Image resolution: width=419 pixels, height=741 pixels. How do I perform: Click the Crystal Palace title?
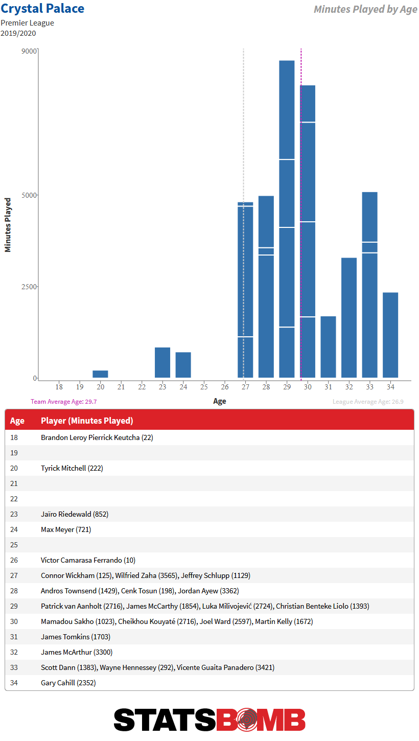(42, 9)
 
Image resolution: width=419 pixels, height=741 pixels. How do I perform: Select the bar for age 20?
(100, 374)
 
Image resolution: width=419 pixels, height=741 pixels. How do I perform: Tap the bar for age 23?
(162, 362)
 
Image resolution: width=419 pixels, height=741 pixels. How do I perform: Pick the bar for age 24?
(183, 364)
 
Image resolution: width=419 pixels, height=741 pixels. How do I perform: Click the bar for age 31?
(328, 346)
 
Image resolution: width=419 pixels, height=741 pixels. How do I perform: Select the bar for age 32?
(349, 317)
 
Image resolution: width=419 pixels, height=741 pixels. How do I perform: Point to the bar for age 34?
(390, 335)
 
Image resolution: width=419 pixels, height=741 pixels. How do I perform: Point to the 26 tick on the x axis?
(224, 387)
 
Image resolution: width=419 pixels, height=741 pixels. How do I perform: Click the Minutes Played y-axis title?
(8, 225)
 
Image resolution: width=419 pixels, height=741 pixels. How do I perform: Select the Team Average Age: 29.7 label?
(64, 402)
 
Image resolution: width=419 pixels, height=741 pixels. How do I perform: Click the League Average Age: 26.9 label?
(368, 402)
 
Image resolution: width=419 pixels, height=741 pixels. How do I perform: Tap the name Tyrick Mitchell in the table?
(63, 468)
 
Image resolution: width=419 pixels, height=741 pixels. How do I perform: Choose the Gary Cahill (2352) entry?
(68, 683)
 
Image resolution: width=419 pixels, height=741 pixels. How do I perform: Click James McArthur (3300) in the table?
(77, 652)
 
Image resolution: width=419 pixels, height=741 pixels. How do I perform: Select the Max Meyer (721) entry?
(66, 529)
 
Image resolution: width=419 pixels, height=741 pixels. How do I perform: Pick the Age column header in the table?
(17, 421)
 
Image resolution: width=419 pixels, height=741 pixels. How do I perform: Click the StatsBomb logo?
(209, 720)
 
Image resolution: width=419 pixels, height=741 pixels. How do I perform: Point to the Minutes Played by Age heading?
(365, 9)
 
